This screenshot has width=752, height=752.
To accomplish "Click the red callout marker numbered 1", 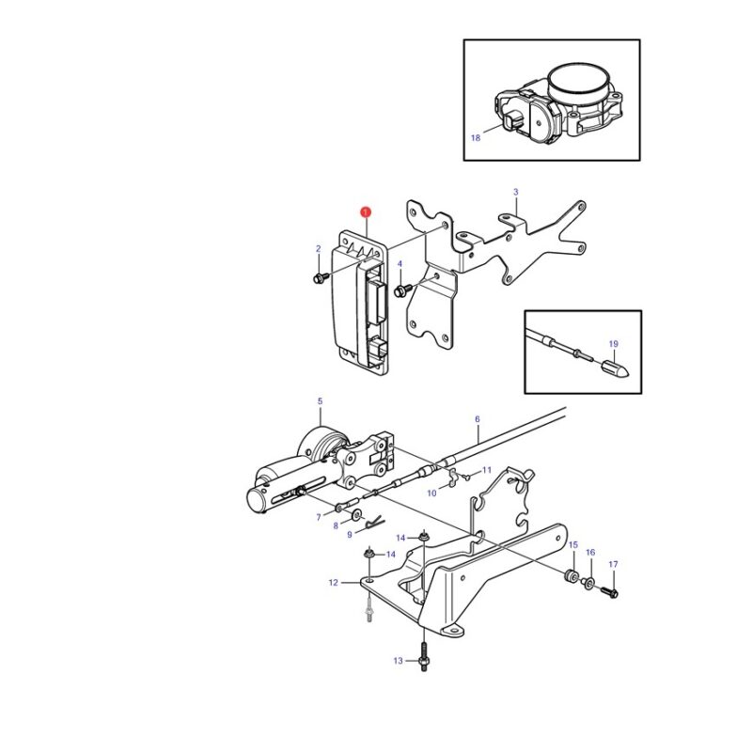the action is point(366,211).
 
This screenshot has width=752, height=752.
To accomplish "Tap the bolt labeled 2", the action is point(321,277).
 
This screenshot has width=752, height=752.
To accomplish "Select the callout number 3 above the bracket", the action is point(515,192).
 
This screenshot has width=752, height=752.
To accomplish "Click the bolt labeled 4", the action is point(403,290).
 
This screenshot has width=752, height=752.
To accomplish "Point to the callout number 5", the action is point(320,401).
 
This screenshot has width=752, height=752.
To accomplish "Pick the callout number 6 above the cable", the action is point(478,419).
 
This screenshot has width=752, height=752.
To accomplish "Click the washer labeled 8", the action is point(357,515).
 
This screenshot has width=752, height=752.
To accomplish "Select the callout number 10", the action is point(431,493).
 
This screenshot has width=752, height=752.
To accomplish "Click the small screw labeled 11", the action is point(466,477).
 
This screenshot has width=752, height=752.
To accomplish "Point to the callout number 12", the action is point(334,583).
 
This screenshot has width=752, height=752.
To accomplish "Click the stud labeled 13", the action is point(424,654).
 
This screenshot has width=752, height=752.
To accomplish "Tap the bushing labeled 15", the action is point(572,576).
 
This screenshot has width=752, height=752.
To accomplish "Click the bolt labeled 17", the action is point(609,592).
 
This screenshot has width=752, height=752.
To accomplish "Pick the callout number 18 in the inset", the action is point(476,138).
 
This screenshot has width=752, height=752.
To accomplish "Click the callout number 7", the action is point(319,518).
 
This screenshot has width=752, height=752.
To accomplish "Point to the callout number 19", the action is point(614,344).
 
